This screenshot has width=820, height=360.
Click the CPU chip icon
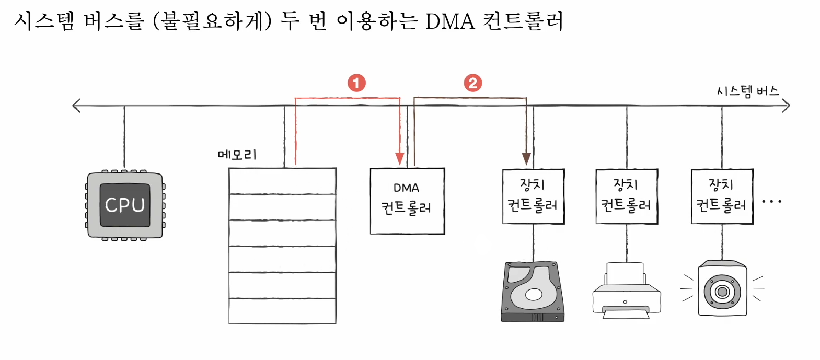[x=124, y=205]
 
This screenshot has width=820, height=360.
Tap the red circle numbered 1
[x=356, y=83]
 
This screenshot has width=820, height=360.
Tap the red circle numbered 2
[x=473, y=83]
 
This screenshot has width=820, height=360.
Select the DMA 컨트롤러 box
[x=407, y=201]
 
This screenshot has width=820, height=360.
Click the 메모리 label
[x=237, y=155]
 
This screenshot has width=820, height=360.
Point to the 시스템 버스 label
[x=747, y=91]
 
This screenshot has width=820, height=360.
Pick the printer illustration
[x=626, y=291]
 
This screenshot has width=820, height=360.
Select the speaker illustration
[x=722, y=288]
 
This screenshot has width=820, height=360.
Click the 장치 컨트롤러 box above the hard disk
[x=533, y=196]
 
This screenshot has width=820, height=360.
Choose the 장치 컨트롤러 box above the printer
[x=627, y=196]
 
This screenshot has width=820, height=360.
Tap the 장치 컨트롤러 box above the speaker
[x=722, y=196]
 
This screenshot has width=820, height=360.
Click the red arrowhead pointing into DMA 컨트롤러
[x=400, y=158]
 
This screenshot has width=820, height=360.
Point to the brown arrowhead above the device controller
[x=526, y=158]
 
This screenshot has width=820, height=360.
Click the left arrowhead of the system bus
[x=76, y=106]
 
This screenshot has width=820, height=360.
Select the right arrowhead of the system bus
[x=786, y=106]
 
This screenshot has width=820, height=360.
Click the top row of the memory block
[x=282, y=181]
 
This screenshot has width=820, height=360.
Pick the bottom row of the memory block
[x=282, y=311]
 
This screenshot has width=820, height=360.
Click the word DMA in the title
[x=449, y=22]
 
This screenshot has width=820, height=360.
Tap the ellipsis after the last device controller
[x=771, y=201]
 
